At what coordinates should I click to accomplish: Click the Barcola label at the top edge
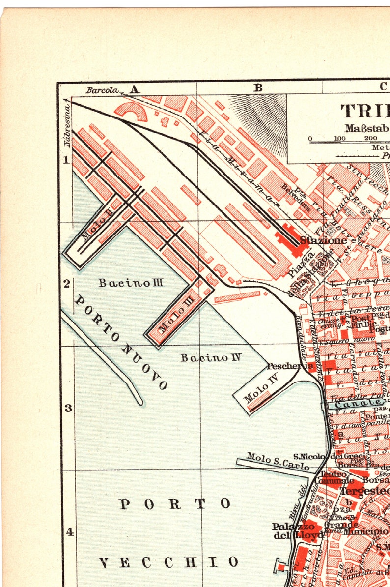coord(102,90)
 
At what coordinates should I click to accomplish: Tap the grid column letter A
coord(134,89)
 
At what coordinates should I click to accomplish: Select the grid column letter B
coord(258,88)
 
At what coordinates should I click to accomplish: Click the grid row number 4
coord(70,532)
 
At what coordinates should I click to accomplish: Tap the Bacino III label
coord(131,283)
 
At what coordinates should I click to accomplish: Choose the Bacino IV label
coord(211,357)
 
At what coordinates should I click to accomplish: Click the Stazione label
coord(323,241)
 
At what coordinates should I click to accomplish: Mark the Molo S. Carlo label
coord(278,461)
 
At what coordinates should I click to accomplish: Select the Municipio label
coord(365,531)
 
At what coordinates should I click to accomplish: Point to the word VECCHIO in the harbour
coord(168,562)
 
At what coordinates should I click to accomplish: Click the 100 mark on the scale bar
coord(339,138)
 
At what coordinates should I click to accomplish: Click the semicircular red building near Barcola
coord(131,111)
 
